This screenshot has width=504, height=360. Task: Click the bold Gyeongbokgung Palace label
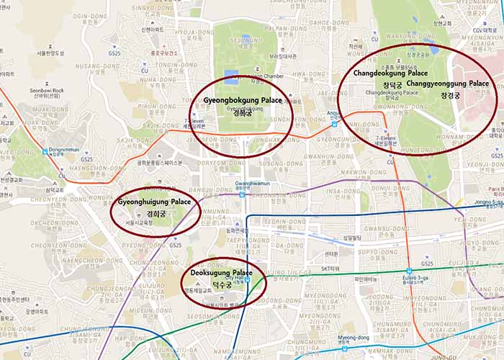pos(242,100)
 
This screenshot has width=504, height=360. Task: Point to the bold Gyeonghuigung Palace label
pos(155,202)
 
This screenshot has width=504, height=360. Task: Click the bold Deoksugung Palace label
pos(222,274)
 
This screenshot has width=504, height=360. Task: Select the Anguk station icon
pos(333,123)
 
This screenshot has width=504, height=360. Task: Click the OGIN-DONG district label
pos(90,16)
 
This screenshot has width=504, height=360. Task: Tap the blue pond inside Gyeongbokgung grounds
pos(231,76)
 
